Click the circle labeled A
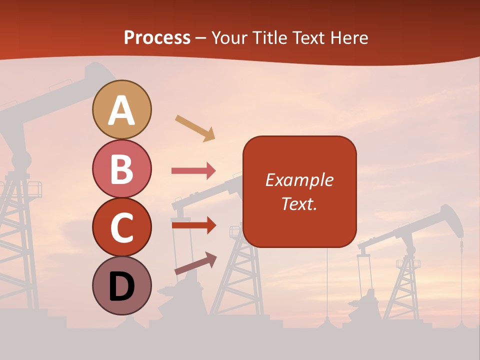[x=122, y=109]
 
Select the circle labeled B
[x=122, y=168]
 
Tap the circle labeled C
[x=122, y=227]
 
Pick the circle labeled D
[x=122, y=285]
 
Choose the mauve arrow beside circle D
[x=195, y=263]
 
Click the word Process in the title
[x=157, y=37]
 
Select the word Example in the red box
[x=299, y=180]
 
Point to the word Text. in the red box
[x=299, y=203]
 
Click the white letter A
[x=122, y=110]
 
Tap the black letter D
[x=122, y=286]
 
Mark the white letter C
[x=122, y=228]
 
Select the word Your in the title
[x=229, y=37]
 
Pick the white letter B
[x=122, y=169]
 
